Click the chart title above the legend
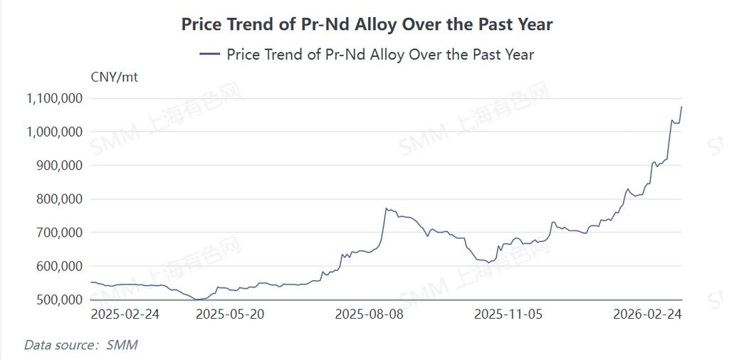coord(367,24)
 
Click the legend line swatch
coord(210,54)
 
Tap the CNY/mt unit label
coord(114,77)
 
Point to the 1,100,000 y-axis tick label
coord(54,98)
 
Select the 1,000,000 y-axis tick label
coord(54,132)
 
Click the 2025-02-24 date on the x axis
coord(125,314)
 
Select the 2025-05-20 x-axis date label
coord(229,314)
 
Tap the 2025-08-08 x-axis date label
coord(369,314)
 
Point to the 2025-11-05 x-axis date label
coord(508,314)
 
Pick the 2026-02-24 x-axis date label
coord(647,314)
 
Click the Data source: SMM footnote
coord(80,345)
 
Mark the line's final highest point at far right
coord(681,107)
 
